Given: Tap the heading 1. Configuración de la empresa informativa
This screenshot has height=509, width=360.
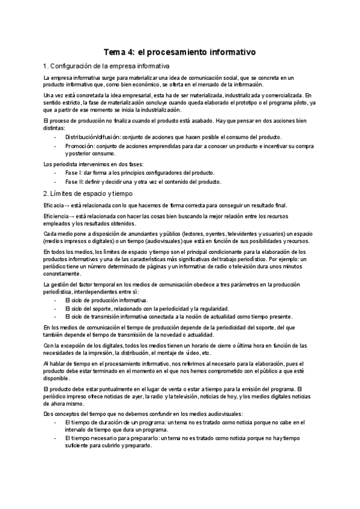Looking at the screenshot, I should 106,65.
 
